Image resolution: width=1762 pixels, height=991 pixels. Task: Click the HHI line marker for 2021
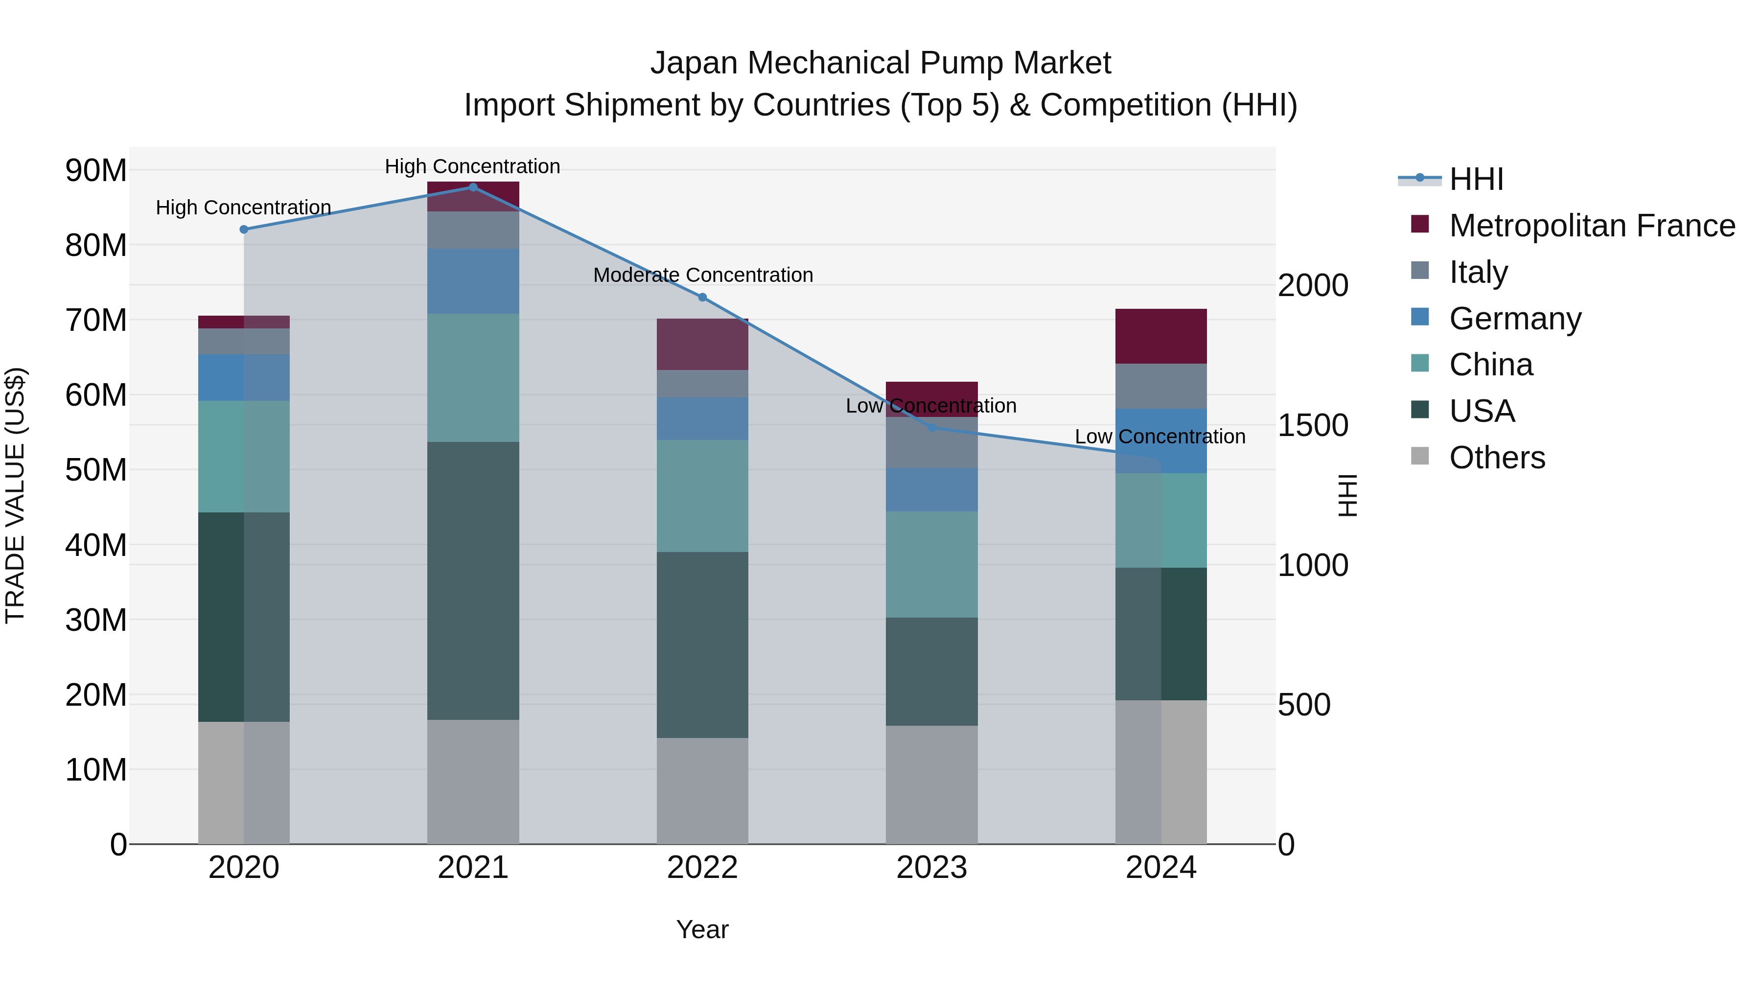pos(473,187)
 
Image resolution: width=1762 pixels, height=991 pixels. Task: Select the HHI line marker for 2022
pos(702,298)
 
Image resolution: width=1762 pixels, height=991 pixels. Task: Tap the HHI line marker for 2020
pos(244,230)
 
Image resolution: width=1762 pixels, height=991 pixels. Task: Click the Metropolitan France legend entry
pos(1592,226)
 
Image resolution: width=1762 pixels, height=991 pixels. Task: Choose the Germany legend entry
pos(1515,319)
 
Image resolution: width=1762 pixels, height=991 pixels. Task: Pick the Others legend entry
pos(1497,458)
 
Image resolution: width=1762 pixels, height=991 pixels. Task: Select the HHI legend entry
pos(1476,179)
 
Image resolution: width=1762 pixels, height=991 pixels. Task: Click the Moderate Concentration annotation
pos(702,275)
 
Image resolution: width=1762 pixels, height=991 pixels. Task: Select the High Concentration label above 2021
pos(473,166)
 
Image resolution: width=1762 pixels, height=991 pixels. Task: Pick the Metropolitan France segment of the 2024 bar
pos(1161,337)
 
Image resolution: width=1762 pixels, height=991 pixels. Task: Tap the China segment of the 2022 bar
pos(702,496)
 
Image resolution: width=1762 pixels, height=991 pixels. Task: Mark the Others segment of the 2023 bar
pos(931,784)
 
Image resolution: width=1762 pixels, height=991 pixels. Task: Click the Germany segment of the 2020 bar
pos(244,377)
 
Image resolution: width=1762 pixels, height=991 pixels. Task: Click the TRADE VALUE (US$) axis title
pos(15,495)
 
